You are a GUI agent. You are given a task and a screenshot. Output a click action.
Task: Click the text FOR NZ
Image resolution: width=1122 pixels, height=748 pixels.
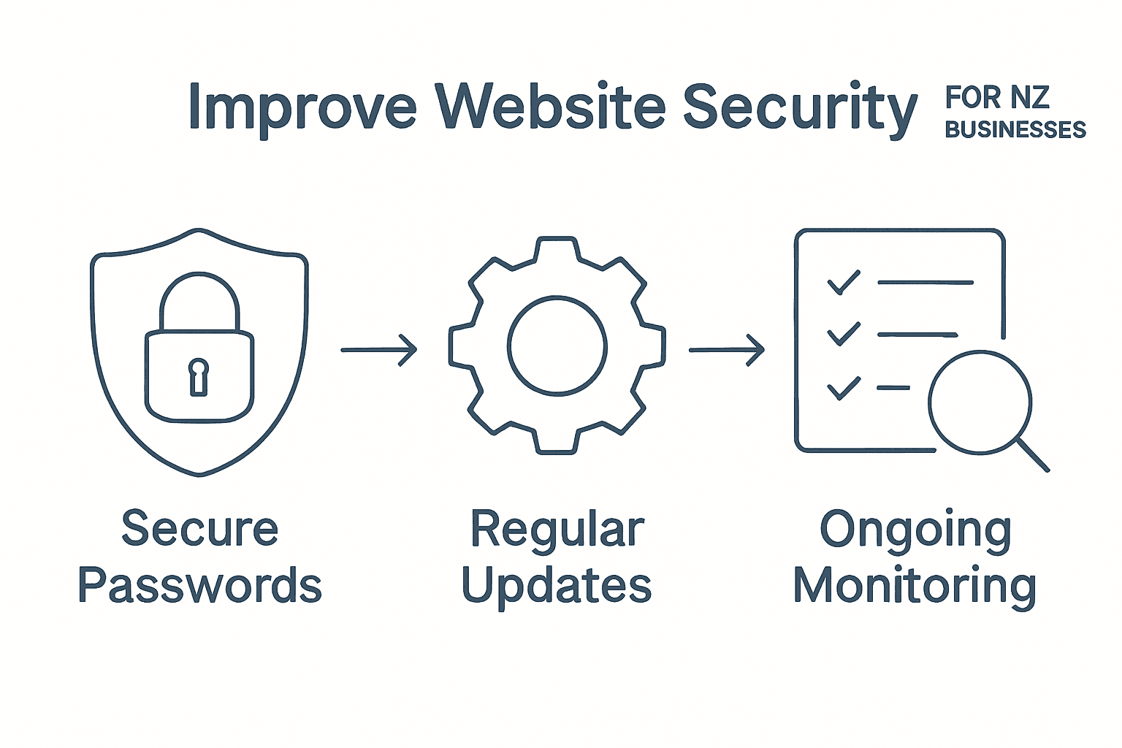997,97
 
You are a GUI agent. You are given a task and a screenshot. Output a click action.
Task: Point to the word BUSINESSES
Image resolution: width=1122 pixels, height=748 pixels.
1015,130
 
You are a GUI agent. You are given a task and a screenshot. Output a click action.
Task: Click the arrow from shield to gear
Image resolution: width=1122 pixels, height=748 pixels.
379,350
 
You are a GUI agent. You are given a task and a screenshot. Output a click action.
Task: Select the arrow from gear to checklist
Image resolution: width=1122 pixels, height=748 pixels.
727,350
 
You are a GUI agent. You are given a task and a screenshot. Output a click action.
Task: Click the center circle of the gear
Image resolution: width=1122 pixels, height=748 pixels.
557,346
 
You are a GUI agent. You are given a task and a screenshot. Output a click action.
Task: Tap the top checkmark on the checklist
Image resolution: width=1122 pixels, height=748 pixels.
843,283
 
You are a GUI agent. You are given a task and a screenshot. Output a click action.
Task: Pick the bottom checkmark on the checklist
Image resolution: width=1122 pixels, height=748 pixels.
843,388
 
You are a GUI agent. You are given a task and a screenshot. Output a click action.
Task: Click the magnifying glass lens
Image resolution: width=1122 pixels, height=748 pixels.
980,401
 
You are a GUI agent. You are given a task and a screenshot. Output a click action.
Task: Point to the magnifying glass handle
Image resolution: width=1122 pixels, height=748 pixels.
1033,455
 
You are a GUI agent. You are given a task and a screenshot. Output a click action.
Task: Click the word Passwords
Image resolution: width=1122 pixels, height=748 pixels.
199,586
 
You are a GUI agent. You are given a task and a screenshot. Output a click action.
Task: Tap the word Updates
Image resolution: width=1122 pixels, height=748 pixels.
557,586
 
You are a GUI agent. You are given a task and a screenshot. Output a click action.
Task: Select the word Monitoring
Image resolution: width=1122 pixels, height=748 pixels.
915,586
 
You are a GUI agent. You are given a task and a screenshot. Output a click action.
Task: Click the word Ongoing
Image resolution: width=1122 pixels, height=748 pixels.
915,530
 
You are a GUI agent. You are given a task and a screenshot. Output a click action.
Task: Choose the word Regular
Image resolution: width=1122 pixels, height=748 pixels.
557,530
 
